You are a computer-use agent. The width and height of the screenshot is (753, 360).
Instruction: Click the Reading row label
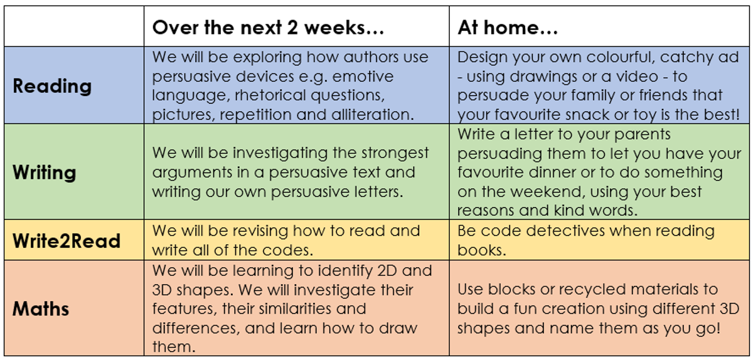click(52, 87)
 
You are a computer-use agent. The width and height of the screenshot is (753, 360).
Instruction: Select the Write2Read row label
click(67, 241)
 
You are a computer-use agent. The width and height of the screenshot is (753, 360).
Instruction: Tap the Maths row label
click(41, 309)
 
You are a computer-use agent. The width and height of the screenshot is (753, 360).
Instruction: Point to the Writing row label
click(45, 173)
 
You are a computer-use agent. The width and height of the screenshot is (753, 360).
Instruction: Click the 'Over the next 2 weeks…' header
click(268, 27)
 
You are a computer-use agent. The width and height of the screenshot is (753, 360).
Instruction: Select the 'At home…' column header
click(508, 27)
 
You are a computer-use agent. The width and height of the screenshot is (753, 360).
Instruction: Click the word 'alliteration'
click(373, 115)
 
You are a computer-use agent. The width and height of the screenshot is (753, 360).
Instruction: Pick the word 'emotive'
click(363, 77)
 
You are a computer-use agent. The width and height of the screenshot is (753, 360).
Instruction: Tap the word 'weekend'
click(549, 192)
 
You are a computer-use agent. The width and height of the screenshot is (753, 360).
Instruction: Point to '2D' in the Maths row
click(387, 270)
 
